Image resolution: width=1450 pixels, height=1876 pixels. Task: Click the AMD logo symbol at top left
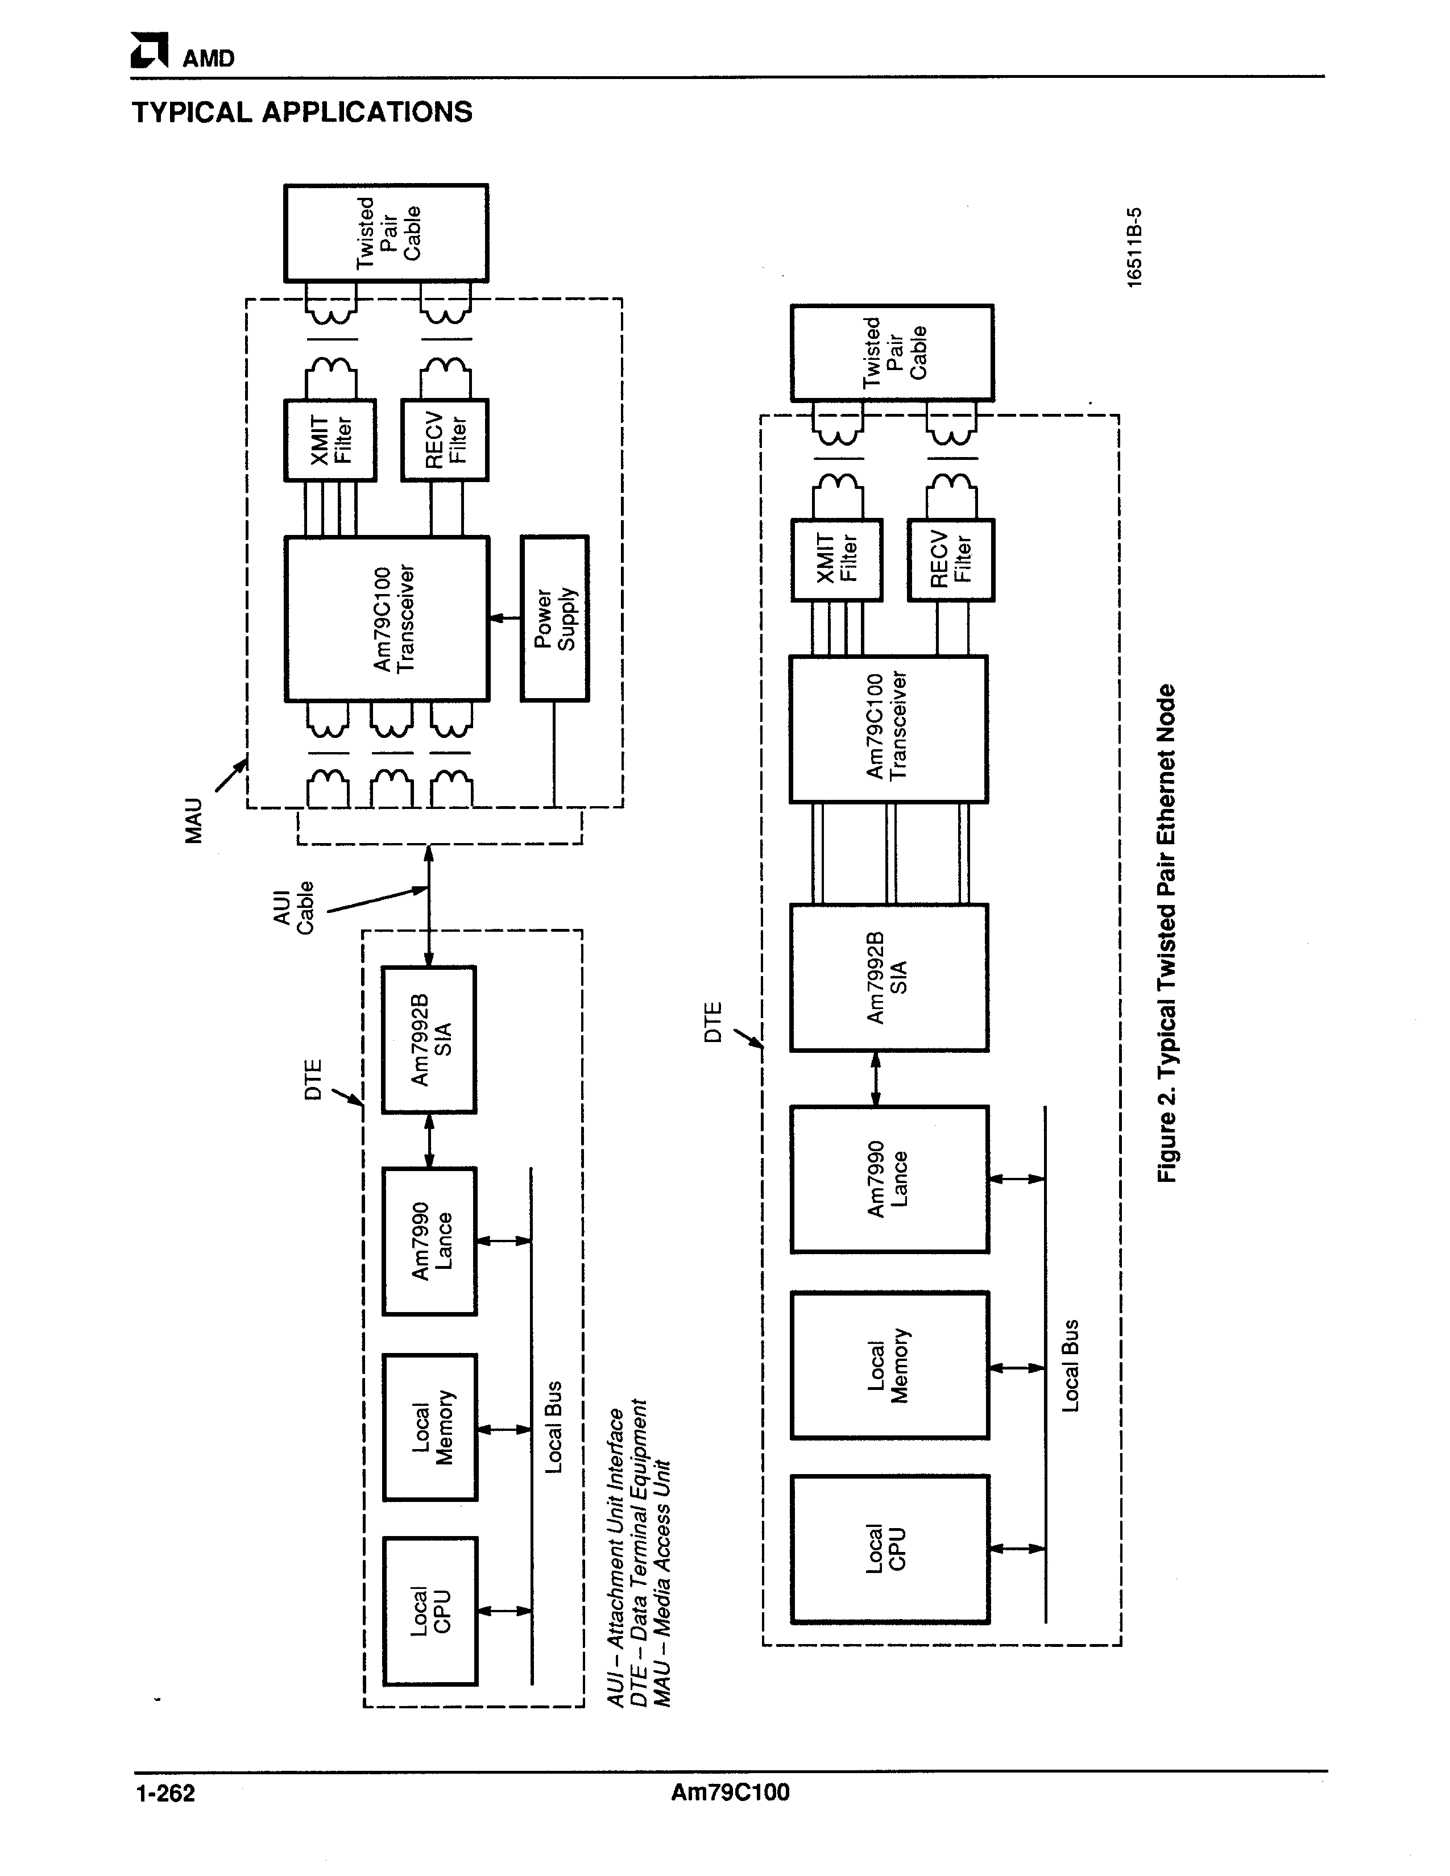click(x=148, y=51)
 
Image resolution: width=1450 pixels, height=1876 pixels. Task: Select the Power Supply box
click(x=554, y=619)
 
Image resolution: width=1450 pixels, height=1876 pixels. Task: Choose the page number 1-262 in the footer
click(x=165, y=1794)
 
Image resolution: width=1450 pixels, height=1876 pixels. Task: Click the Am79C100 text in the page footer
click(x=730, y=1792)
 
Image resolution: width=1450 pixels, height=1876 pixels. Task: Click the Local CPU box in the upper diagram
click(x=429, y=1611)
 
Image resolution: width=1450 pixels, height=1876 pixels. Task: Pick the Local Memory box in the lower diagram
click(x=889, y=1366)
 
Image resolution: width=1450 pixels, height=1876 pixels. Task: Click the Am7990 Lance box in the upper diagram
click(x=429, y=1241)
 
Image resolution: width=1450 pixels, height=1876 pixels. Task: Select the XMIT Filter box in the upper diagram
click(x=330, y=440)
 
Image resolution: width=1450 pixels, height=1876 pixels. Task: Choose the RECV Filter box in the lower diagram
click(x=951, y=559)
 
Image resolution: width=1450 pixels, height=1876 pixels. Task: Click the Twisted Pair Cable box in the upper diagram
click(x=387, y=233)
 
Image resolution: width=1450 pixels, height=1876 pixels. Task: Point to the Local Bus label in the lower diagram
click(x=1070, y=1366)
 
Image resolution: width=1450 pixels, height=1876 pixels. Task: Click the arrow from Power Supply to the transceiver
click(x=505, y=617)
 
